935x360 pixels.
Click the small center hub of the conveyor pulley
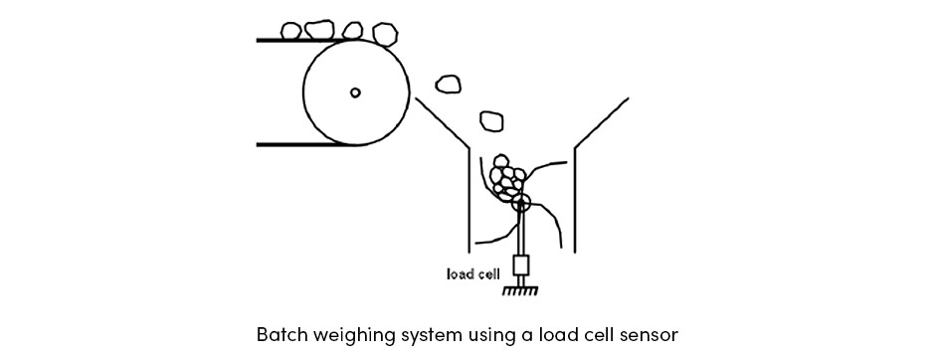click(355, 92)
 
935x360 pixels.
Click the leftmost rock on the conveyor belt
click(291, 31)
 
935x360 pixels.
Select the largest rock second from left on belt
click(319, 29)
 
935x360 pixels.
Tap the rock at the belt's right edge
click(385, 34)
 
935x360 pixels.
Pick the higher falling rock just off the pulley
click(448, 85)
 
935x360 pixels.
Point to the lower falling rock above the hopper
click(491, 120)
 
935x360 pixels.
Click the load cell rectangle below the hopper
click(521, 266)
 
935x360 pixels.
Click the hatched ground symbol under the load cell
click(520, 290)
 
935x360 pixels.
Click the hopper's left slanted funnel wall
click(442, 122)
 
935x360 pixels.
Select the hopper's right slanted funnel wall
click(601, 122)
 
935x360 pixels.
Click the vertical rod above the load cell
click(521, 230)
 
